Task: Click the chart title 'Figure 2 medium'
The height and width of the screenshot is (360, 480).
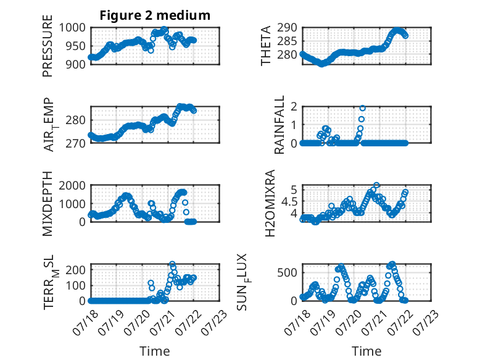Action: pos(155,15)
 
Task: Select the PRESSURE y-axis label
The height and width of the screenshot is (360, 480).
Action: pos(48,46)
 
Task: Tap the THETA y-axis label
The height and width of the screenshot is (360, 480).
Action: pos(266,46)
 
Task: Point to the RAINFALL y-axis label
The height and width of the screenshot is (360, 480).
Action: pos(279,125)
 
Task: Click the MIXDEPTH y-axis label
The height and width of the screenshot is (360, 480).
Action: pos(48,204)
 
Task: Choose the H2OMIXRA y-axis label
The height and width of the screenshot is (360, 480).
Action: pos(270,203)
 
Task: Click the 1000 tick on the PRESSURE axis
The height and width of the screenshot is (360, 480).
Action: pos(72,28)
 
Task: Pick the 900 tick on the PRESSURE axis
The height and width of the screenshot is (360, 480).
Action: pos(76,64)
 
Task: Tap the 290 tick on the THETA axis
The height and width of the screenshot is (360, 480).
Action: pos(287,28)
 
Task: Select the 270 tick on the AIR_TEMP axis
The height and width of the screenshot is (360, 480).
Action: pos(76,143)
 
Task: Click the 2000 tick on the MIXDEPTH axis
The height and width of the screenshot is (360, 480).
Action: pos(72,185)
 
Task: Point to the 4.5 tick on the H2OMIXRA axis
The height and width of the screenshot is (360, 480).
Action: pos(289,202)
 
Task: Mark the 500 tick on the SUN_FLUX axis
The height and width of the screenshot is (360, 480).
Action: pos(287,272)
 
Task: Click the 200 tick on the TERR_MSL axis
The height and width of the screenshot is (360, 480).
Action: pos(76,270)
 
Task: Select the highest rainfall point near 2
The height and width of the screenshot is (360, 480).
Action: pos(362,108)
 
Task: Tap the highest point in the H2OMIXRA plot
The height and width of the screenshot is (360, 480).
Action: pos(376,185)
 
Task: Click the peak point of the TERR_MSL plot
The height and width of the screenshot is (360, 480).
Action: pos(172,264)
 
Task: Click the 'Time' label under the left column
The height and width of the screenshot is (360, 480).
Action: pos(155,351)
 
